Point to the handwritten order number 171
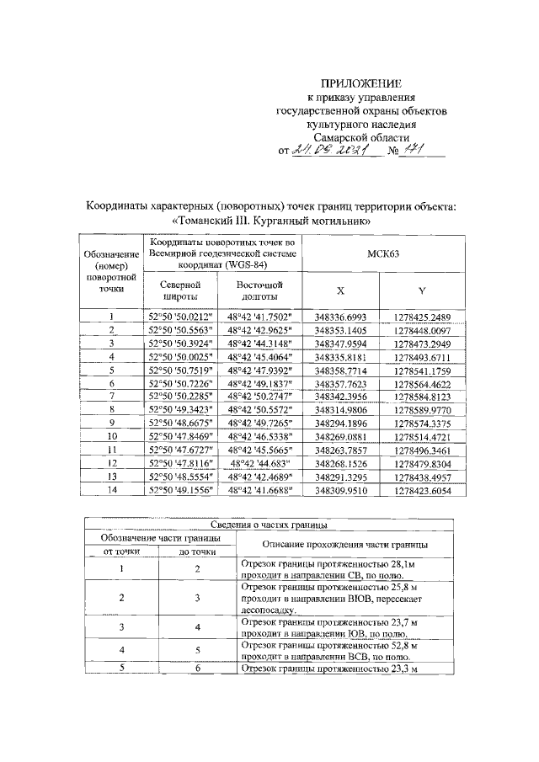(x=403, y=150)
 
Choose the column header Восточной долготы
(x=259, y=291)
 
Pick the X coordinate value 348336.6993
(x=340, y=317)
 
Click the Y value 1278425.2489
(x=422, y=317)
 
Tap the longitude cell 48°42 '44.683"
(x=259, y=462)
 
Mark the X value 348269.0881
(x=340, y=436)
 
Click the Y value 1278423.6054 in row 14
(x=422, y=488)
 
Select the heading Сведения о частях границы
(x=269, y=525)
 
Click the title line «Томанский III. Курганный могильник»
(x=270, y=221)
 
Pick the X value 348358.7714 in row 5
(x=340, y=370)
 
